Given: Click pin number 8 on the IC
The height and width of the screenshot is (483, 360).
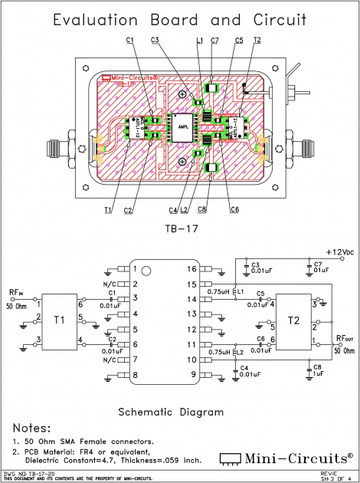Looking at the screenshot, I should (136, 375).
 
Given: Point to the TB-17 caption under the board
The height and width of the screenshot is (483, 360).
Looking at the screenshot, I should (181, 229).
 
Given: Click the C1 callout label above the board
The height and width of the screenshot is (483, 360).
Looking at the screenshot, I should (129, 39).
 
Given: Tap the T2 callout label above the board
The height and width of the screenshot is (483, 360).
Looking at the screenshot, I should (256, 39).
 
